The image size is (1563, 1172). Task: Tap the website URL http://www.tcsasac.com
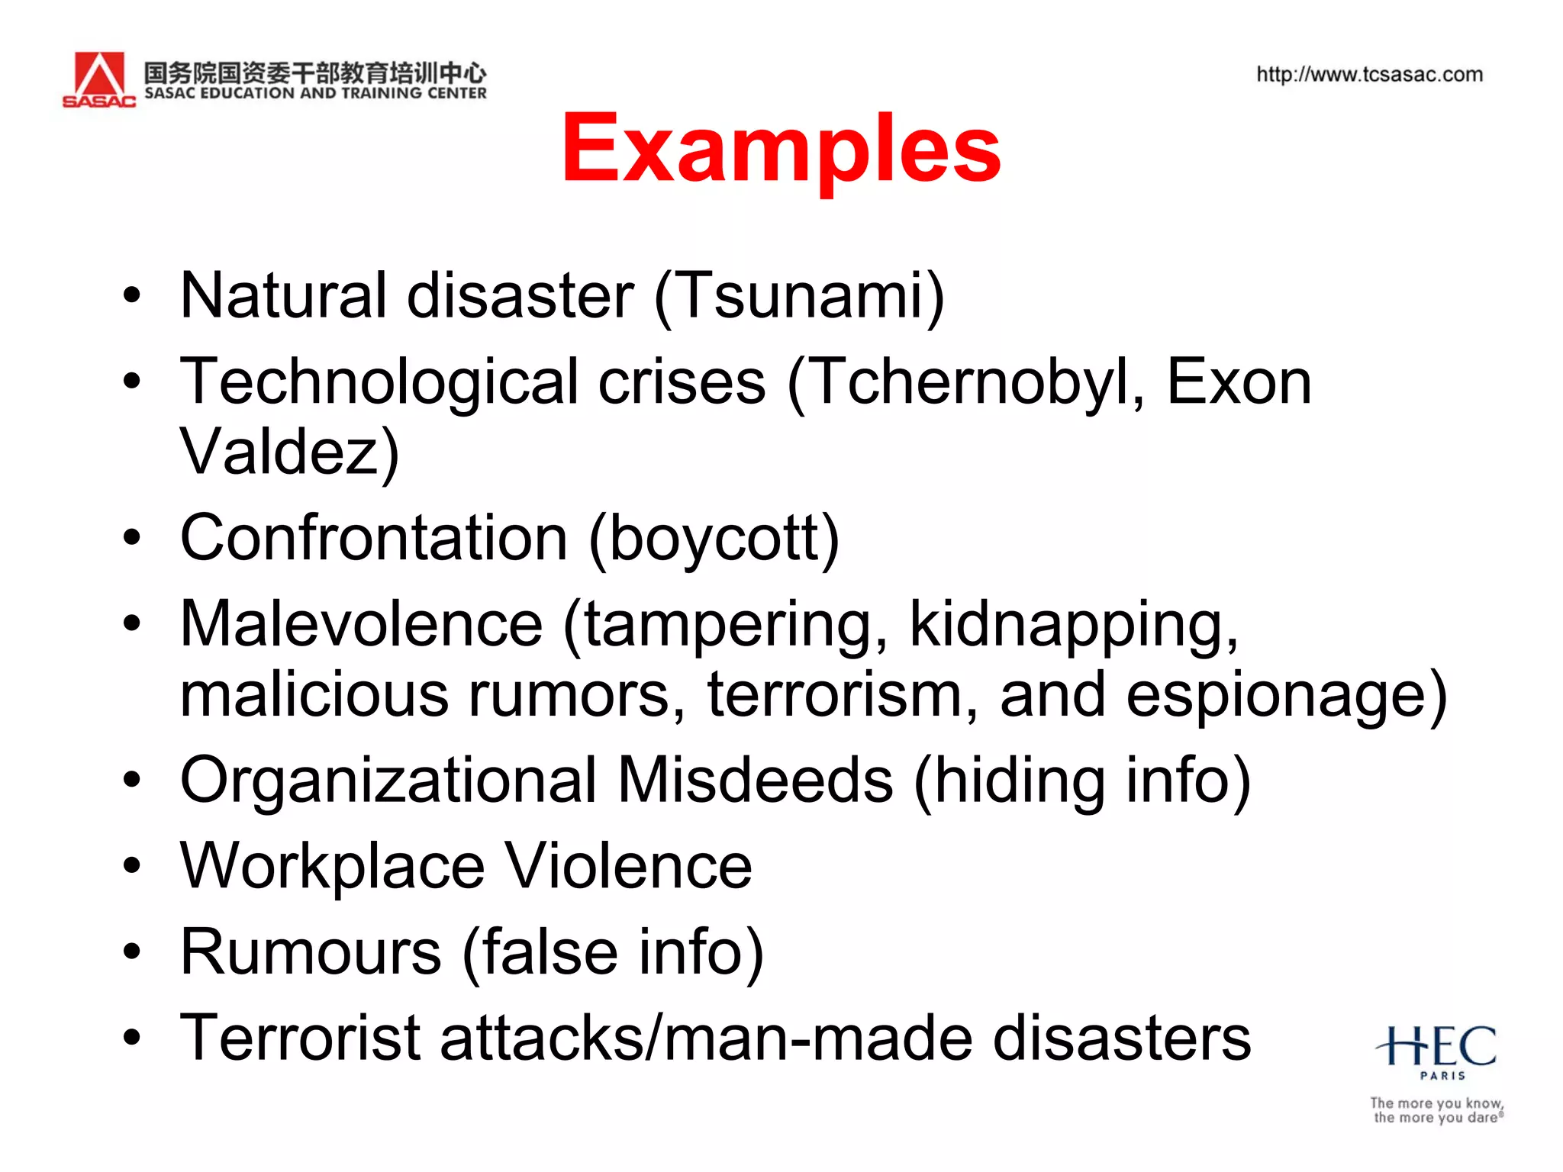coord(1369,75)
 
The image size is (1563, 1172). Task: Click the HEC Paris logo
coord(1436,1049)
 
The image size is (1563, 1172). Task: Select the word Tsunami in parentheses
coord(799,296)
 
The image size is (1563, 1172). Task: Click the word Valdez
coord(279,452)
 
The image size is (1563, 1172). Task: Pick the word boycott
coord(714,539)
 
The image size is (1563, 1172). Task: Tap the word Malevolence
coord(361,624)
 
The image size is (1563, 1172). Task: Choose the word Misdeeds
coord(756,781)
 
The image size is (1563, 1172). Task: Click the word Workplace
coord(332,867)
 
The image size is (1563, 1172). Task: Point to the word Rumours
coord(311,952)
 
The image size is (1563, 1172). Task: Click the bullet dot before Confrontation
coord(132,539)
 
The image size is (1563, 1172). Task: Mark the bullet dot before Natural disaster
coord(132,296)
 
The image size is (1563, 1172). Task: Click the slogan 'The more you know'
coord(1436,1103)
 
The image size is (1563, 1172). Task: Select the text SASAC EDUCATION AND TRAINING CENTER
coord(315,93)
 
